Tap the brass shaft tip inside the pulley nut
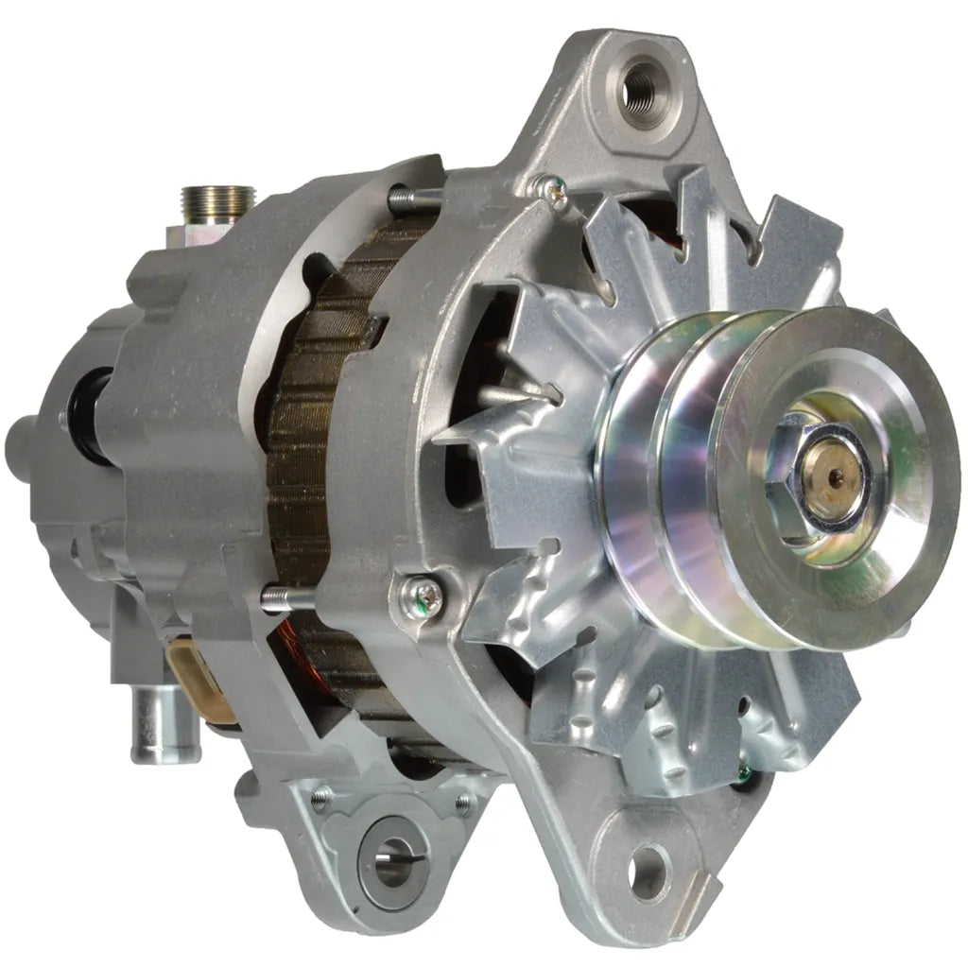(x=833, y=476)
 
